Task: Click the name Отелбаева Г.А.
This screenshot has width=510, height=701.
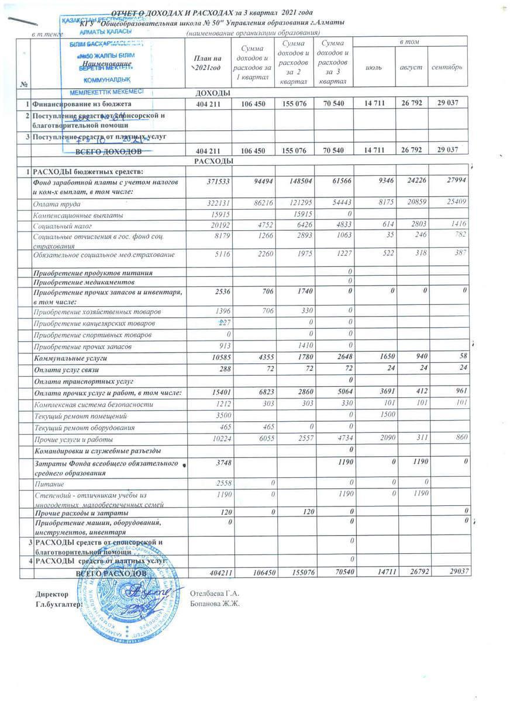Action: (x=216, y=594)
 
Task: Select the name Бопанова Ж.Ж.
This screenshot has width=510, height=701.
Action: (x=216, y=603)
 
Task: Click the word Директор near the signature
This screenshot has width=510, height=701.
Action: (x=48, y=594)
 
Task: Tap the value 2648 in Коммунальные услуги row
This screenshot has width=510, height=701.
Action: (x=339, y=357)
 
